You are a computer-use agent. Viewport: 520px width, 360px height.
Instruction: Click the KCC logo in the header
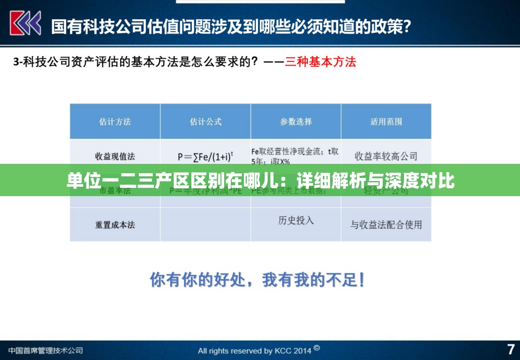pyautogui.click(x=25, y=24)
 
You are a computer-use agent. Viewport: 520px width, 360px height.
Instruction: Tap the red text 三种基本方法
pyautogui.click(x=321, y=62)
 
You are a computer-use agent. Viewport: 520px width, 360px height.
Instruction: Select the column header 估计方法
pyautogui.click(x=115, y=122)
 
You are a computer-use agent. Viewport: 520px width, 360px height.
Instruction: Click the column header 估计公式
pyautogui.click(x=205, y=122)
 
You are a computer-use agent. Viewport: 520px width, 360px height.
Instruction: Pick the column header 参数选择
pyautogui.click(x=296, y=122)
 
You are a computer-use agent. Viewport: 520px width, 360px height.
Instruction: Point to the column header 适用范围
pyautogui.click(x=386, y=122)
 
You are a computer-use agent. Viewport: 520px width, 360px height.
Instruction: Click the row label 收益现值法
pyautogui.click(x=115, y=156)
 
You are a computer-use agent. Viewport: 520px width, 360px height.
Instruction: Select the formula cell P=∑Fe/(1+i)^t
pyautogui.click(x=205, y=156)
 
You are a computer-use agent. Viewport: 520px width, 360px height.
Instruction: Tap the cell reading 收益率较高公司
pyautogui.click(x=386, y=156)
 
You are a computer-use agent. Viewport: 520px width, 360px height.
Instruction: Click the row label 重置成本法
pyautogui.click(x=115, y=225)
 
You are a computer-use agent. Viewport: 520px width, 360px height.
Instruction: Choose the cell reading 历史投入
pyautogui.click(x=296, y=220)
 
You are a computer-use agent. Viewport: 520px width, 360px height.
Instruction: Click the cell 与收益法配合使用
pyautogui.click(x=386, y=225)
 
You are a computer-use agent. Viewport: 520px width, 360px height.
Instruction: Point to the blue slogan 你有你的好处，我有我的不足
pyautogui.click(x=257, y=280)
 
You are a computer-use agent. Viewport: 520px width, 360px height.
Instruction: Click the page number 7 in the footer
pyautogui.click(x=511, y=349)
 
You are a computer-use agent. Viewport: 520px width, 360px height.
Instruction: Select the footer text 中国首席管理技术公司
pyautogui.click(x=46, y=350)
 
